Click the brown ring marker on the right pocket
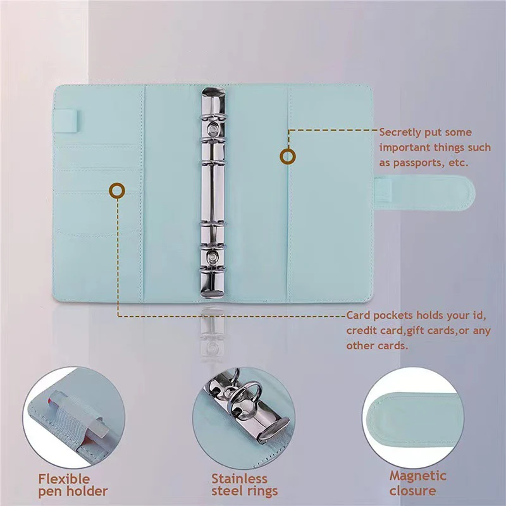[288, 156]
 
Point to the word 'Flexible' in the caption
[64, 479]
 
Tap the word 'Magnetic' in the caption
[417, 476]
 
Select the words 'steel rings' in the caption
[244, 491]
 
